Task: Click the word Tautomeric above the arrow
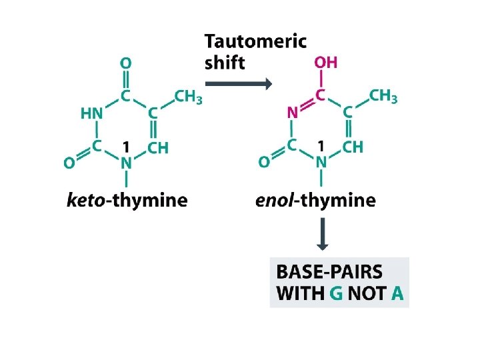pos(255,41)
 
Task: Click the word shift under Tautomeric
pos(225,63)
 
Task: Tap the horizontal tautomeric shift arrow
pos(239,83)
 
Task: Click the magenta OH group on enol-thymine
pos(325,63)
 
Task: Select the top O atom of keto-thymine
pos(125,64)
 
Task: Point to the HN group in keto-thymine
pos(92,114)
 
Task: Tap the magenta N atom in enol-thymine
pos(292,113)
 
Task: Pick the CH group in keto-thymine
pos(158,148)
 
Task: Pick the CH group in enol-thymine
pos(353,147)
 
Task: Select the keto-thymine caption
pos(127,200)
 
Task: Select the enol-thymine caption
pos(315,200)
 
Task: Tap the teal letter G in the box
pos(338,293)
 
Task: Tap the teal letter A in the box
pos(397,293)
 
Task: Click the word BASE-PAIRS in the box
pos(329,272)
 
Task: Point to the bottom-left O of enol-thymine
pos(264,161)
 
